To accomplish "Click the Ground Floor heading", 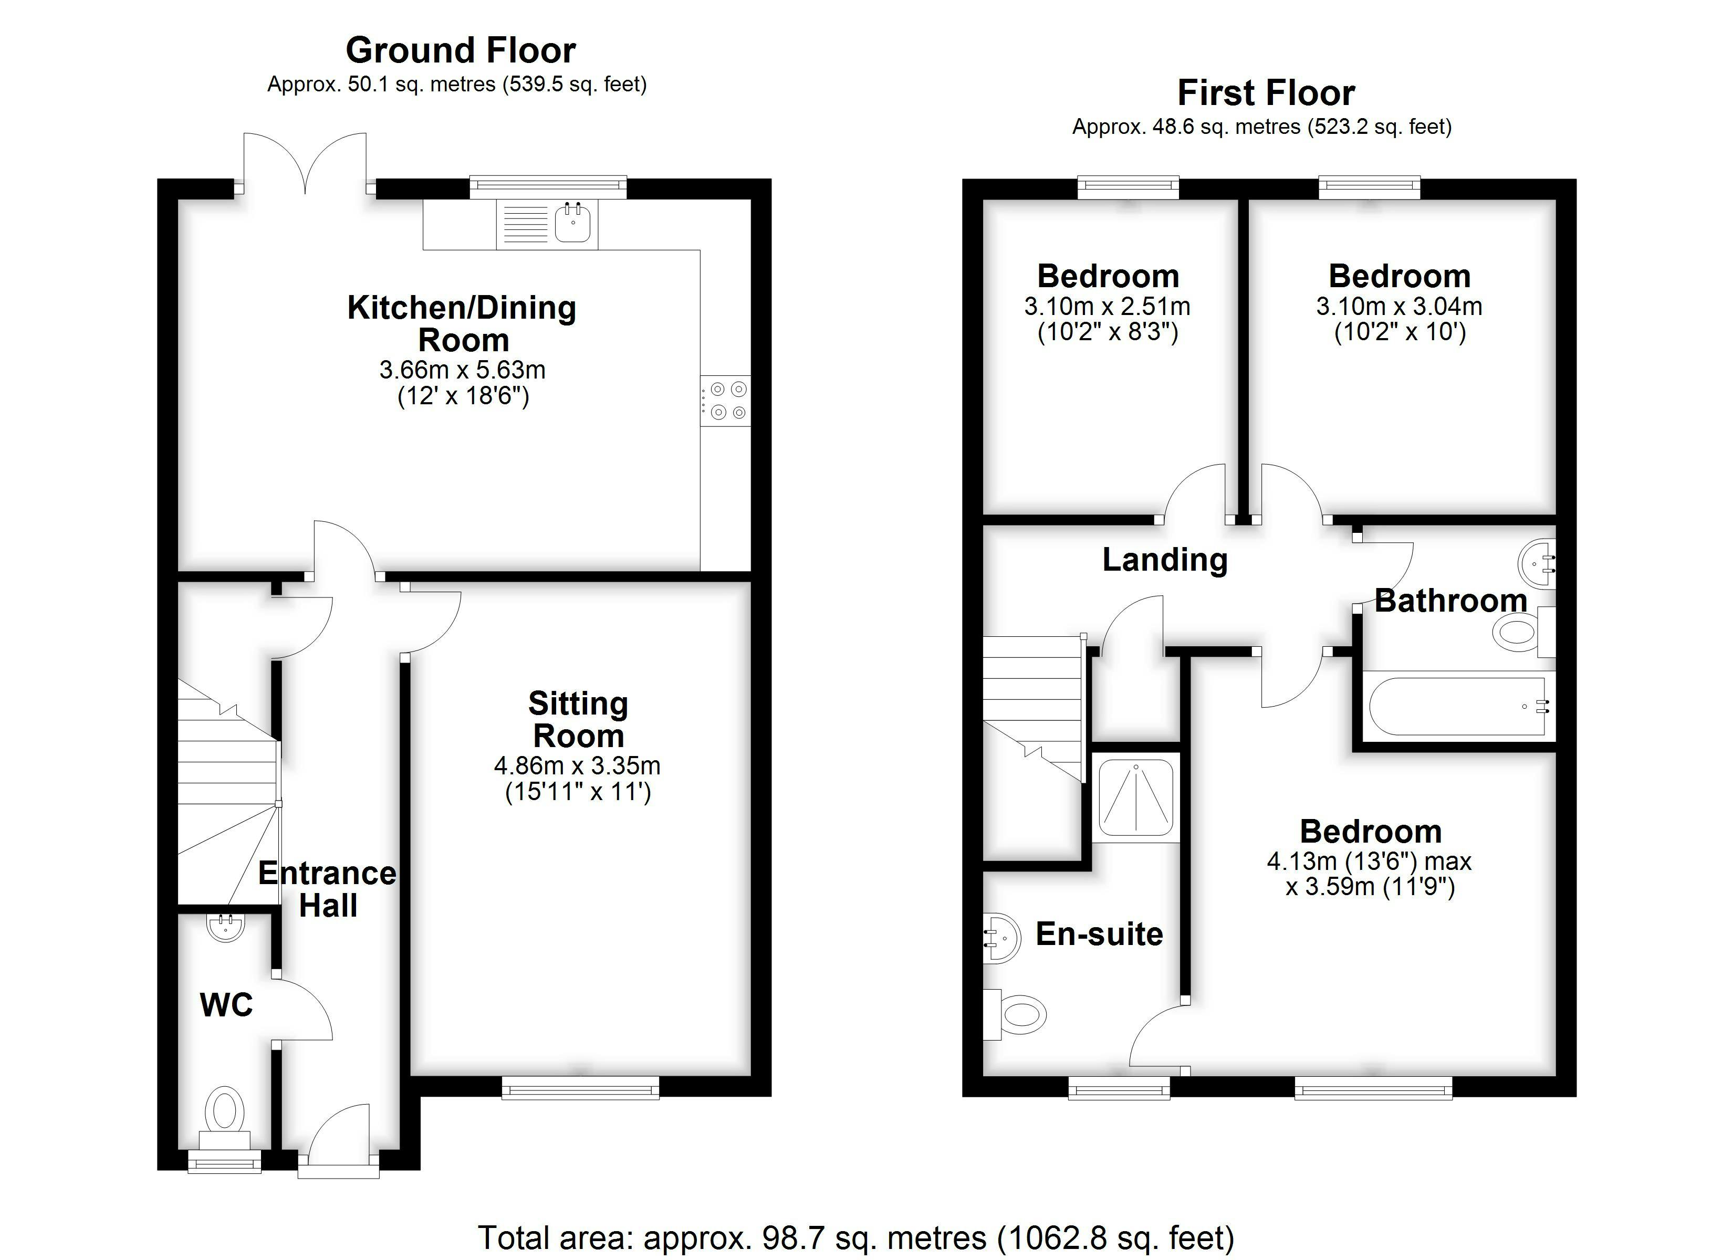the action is coord(461,50).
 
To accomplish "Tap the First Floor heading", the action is coord(1266,93).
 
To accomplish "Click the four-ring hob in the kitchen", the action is coord(726,401).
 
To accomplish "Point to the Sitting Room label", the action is coord(578,720).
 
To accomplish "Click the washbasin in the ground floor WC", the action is coord(225,927).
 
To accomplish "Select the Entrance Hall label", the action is coord(328,889).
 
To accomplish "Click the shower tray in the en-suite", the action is coord(1135,797).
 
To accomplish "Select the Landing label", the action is coord(1164,561).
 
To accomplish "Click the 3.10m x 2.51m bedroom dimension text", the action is coord(1107,307).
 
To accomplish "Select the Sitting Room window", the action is coord(580,1087).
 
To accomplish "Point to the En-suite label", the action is coord(1099,934).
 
